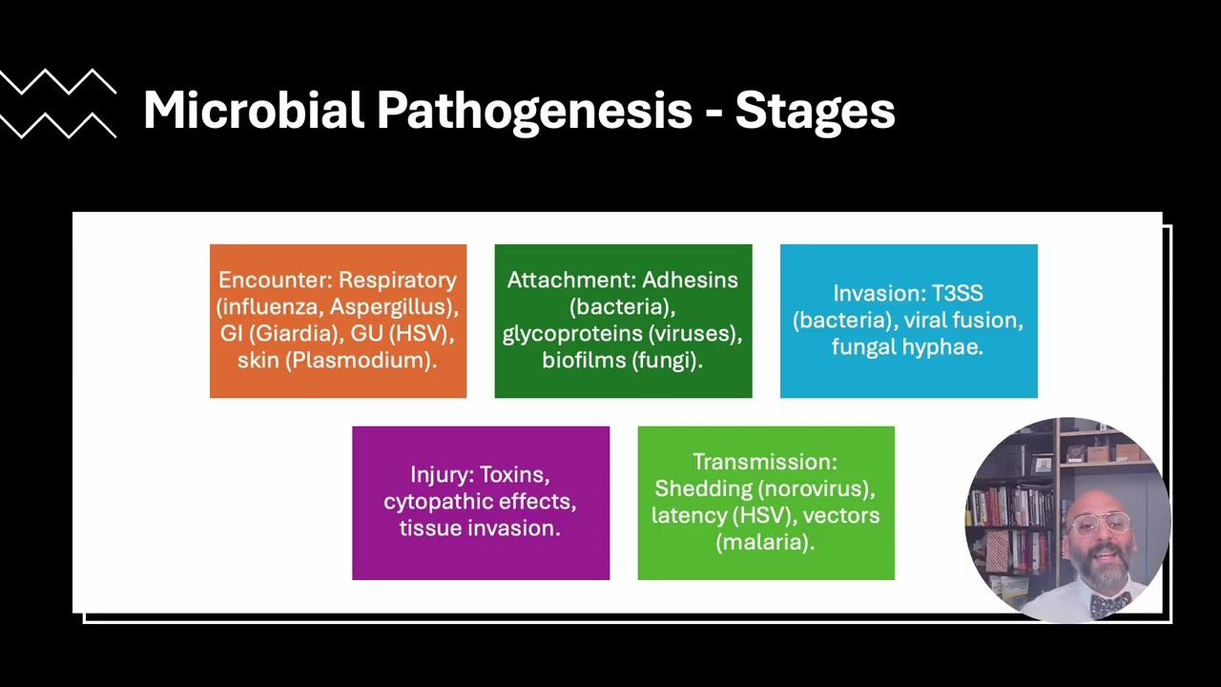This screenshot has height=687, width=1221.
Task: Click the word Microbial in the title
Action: [x=254, y=110]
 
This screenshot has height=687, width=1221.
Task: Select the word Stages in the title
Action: [x=815, y=112]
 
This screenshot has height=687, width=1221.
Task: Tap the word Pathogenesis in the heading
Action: [x=534, y=112]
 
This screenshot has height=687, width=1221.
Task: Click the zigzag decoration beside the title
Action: [x=58, y=104]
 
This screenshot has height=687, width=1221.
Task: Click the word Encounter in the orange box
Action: [x=275, y=280]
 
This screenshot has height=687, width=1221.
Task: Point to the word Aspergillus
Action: [x=390, y=306]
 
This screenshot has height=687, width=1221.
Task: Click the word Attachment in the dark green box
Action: [x=570, y=280]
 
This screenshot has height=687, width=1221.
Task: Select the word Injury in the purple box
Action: [x=439, y=474]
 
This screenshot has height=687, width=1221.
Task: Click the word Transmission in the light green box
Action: [x=762, y=462]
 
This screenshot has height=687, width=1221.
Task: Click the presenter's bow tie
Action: [x=1109, y=603]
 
